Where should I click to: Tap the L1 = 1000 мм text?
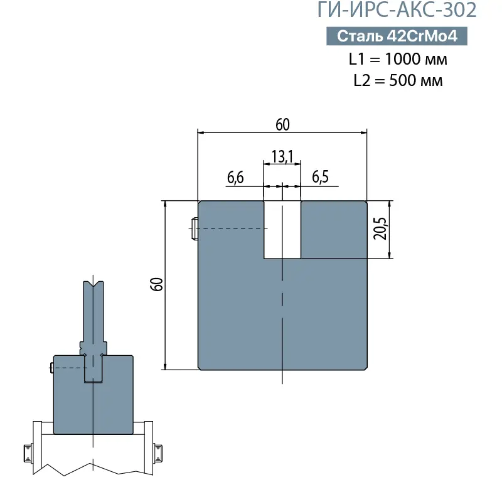coord(398,60)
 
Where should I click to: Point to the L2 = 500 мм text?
coord(398,80)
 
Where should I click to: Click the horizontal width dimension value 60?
coord(282,124)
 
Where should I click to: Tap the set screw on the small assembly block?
coord(50,369)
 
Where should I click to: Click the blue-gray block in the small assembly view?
coord(69,402)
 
